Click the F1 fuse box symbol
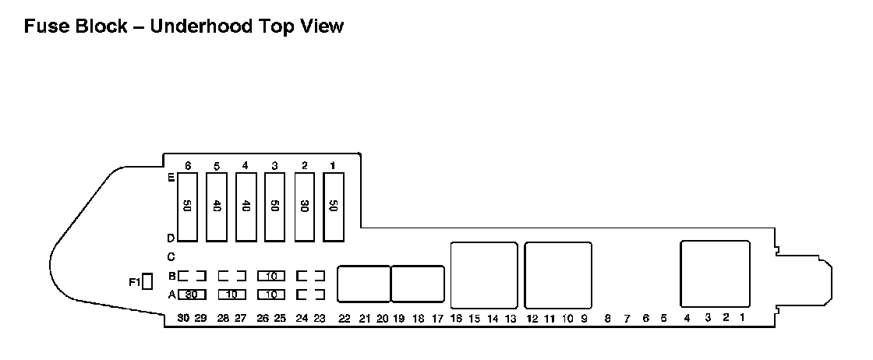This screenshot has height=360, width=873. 147,282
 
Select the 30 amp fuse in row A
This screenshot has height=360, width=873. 191,295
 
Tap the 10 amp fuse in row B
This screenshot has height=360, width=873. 271,276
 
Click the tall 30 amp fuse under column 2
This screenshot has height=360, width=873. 305,207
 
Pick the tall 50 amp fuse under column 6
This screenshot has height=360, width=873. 188,207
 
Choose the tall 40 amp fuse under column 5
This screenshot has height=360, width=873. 217,207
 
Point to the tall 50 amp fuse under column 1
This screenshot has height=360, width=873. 334,207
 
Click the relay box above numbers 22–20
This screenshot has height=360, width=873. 363,284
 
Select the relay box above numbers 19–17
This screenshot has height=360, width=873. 418,284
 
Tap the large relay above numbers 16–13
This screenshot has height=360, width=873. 484,275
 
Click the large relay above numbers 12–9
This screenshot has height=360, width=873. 558,275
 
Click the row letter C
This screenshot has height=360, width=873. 171,257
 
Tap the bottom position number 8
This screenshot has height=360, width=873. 607,318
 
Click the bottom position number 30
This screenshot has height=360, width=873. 183,318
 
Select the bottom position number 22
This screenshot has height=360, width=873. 345,318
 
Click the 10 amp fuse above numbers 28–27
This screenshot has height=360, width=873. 232,295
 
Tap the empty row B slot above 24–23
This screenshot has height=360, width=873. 310,276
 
